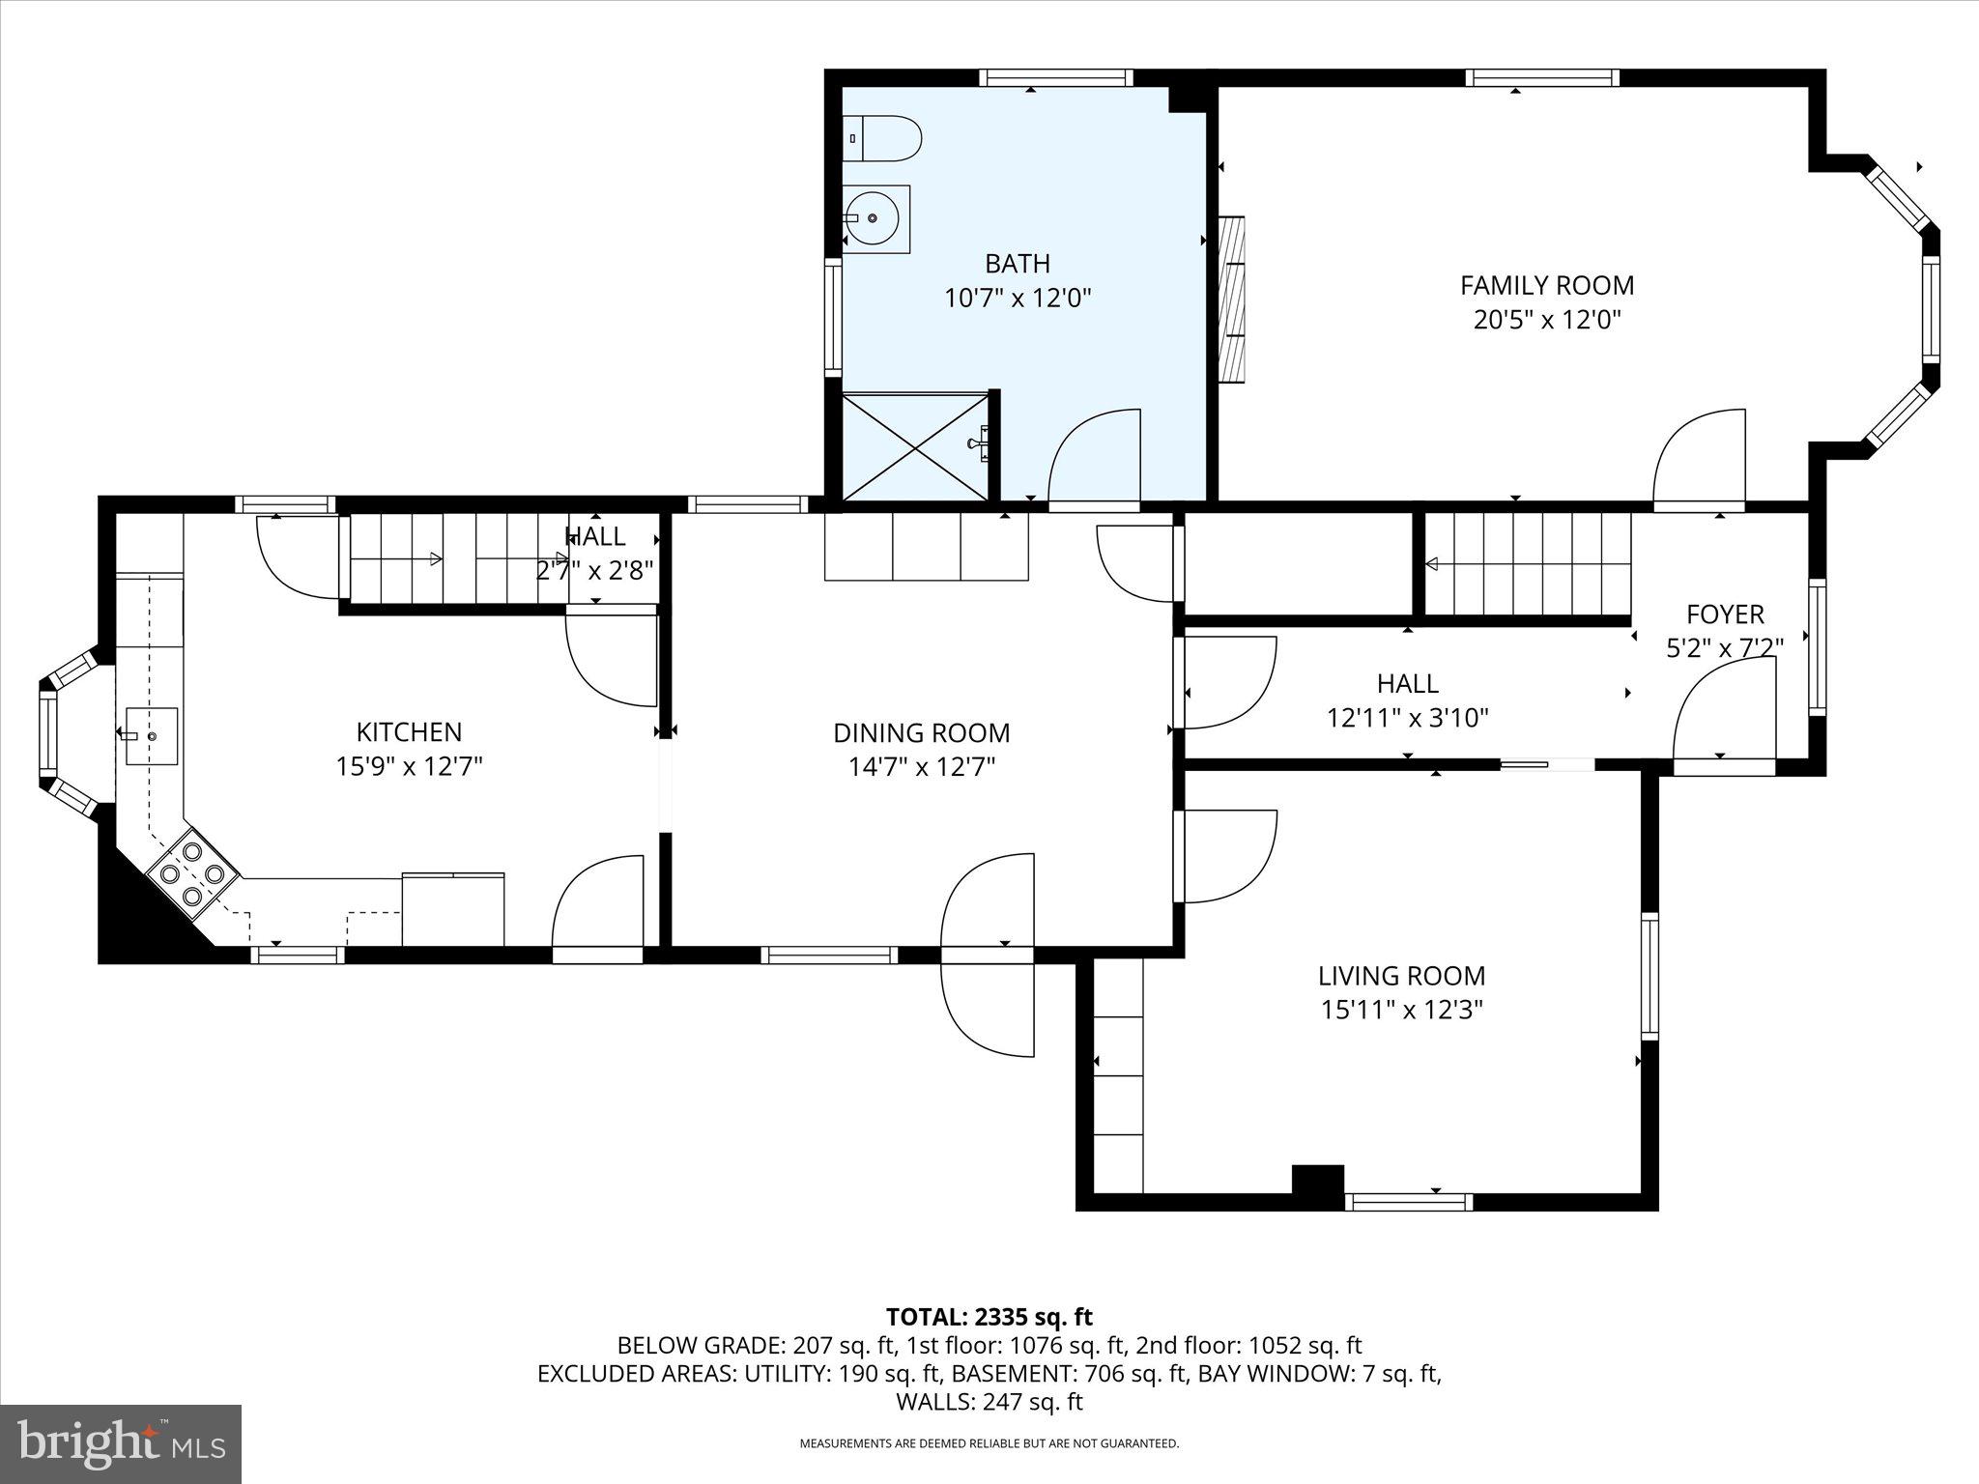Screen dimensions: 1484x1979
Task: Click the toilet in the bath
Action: (881, 139)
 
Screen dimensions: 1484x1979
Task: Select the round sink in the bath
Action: (875, 219)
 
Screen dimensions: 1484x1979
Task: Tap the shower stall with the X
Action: (916, 446)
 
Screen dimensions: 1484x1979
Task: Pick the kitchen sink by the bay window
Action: (152, 736)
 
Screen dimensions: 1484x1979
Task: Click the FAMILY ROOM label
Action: (1546, 286)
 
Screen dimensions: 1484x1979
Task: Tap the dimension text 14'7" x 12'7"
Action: (922, 767)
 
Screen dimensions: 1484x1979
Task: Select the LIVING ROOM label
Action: (1401, 976)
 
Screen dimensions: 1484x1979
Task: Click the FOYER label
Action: (1725, 614)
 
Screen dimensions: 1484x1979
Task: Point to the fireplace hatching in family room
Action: (1232, 299)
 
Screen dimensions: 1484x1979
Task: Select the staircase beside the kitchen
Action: (454, 558)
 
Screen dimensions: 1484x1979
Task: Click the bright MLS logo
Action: (121, 1443)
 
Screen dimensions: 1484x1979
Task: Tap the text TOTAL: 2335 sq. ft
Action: (989, 1317)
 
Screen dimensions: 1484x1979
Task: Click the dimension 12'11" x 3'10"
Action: (1407, 718)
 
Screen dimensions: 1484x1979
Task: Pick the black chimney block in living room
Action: (1318, 1180)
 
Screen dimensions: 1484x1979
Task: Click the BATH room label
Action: (1017, 264)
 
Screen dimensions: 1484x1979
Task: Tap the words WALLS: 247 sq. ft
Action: (989, 1402)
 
